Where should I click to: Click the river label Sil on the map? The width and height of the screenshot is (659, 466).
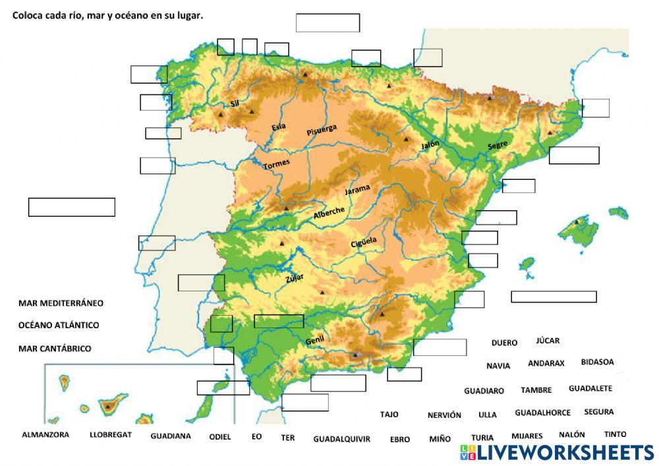234,103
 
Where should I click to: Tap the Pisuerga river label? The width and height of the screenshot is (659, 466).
322,130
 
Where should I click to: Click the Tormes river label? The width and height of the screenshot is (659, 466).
276,165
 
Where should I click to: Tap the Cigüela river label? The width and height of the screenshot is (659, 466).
364,243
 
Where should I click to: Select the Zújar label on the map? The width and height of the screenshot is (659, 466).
294,278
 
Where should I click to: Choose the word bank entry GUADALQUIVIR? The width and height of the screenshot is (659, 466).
341,439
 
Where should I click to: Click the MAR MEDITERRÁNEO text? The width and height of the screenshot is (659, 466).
61,303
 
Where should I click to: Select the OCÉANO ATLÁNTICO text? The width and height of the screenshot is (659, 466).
59,325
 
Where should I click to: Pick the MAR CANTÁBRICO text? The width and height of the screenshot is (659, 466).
55,348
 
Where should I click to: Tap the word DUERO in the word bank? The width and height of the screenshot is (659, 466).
504,343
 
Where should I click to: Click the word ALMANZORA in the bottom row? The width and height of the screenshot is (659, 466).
45,435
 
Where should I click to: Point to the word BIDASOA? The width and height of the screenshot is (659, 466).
597,362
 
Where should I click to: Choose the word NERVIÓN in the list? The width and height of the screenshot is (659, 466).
444,415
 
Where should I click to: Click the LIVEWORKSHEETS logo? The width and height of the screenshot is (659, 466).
557,452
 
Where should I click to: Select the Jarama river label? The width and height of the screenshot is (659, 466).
358,190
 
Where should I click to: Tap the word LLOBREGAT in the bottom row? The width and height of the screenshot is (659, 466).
111,435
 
